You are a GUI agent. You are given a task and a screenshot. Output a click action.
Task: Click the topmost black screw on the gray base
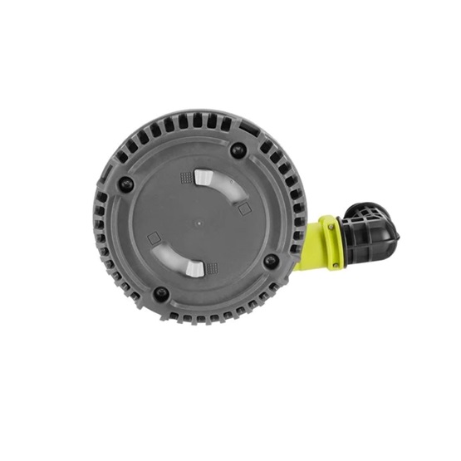click(238, 150)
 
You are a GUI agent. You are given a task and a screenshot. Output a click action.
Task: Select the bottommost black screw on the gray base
click(160, 293)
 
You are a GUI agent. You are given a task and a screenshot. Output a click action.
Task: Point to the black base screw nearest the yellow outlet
click(271, 261)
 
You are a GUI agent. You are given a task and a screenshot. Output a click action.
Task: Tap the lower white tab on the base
click(193, 267)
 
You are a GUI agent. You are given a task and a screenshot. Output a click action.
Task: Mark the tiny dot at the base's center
click(199, 223)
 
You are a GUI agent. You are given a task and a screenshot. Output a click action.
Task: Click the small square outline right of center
click(244, 210)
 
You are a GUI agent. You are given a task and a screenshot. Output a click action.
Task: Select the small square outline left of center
click(153, 238)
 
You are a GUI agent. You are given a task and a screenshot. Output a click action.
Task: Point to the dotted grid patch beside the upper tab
click(185, 177)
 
